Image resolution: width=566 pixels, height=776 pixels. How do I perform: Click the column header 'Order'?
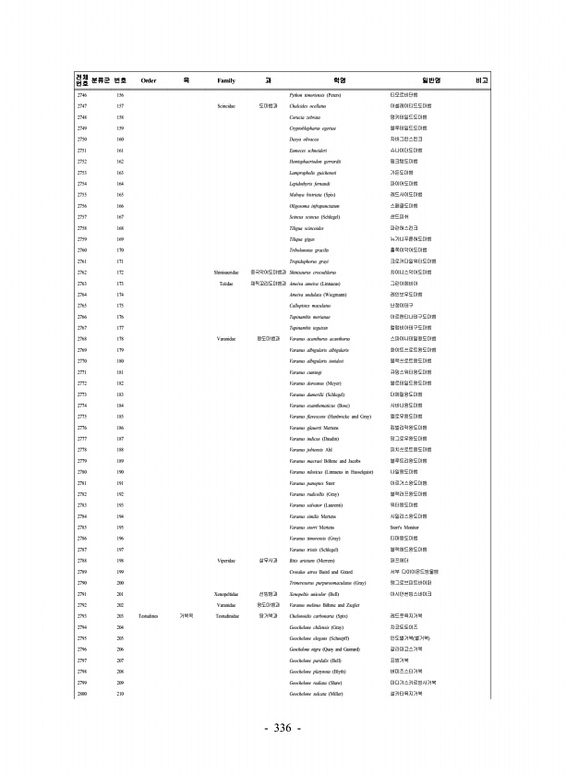click(x=148, y=81)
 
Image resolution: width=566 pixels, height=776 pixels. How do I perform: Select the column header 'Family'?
click(x=226, y=81)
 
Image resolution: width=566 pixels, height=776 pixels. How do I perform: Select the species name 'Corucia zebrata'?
click(x=306, y=118)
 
